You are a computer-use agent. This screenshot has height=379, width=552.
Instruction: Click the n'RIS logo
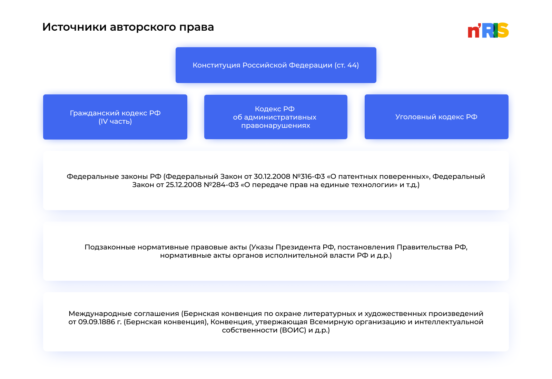point(488,30)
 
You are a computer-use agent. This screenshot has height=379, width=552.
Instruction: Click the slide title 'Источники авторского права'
point(128,27)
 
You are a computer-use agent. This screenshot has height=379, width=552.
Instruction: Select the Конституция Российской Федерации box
point(276,65)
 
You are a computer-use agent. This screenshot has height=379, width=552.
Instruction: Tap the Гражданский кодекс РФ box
point(115,117)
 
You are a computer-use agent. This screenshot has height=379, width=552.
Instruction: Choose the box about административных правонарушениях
point(275,117)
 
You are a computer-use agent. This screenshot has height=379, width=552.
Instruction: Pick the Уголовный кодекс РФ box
point(436,117)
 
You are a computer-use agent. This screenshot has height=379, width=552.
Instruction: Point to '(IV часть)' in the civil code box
point(115,121)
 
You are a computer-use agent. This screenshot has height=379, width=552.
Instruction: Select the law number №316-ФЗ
point(309,176)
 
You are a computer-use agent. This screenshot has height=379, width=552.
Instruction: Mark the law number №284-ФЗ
point(221,185)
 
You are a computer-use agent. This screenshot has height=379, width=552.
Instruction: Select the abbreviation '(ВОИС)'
point(293,330)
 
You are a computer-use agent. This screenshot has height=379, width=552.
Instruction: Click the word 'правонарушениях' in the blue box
point(275,125)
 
